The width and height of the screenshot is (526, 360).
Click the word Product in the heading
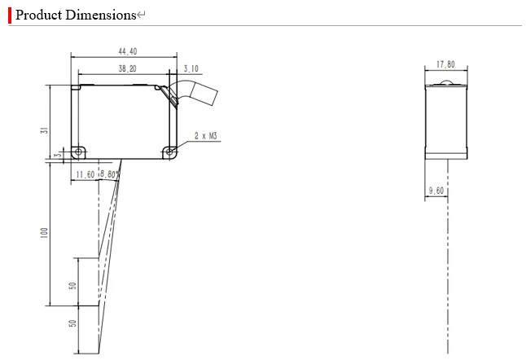[38, 15]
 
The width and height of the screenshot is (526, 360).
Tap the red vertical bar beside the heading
[10, 15]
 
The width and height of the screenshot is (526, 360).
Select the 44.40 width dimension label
[127, 51]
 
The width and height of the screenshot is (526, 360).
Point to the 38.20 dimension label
[127, 69]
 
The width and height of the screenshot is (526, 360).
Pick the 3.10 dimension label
[191, 69]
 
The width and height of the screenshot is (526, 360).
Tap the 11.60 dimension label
[85, 174]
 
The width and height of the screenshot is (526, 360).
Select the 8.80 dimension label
[111, 174]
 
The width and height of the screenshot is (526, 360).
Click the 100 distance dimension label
[46, 233]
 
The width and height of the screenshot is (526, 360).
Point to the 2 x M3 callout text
[205, 137]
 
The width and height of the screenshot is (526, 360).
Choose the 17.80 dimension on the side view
[445, 64]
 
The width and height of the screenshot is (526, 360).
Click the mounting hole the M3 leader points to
[169, 151]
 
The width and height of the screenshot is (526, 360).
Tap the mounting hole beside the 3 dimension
[77, 151]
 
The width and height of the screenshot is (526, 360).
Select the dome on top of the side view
[446, 83]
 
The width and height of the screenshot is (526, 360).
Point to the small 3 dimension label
[57, 153]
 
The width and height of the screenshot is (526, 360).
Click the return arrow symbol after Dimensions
[141, 15]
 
